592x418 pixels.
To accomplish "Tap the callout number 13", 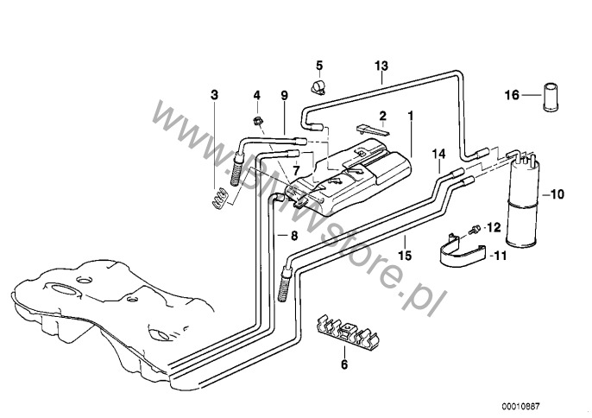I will [382, 66].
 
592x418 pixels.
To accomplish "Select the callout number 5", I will [318, 66].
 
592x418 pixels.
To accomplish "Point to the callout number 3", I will [216, 93].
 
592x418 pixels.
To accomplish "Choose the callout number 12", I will [494, 228].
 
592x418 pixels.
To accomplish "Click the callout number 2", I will [382, 114].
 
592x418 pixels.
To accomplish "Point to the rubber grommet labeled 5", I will [318, 85].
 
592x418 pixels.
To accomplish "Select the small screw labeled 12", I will [475, 229].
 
